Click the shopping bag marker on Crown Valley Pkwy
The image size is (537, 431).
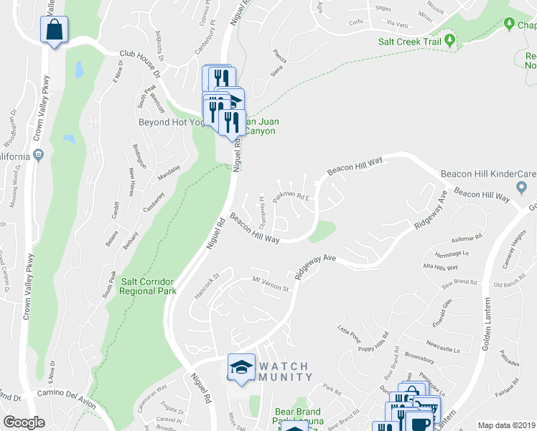click(55, 31)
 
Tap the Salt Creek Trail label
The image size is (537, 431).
click(410, 41)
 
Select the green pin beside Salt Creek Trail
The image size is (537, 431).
click(450, 40)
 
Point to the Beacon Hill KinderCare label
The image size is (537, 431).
click(488, 174)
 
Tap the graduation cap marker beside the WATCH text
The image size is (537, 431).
click(242, 367)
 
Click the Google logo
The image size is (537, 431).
click(24, 422)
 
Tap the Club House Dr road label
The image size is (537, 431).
click(137, 62)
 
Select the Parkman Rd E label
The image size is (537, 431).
click(291, 195)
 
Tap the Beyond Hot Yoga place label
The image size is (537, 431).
click(172, 122)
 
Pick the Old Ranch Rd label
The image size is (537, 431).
click(510, 285)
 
